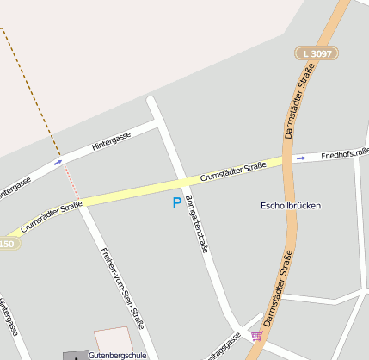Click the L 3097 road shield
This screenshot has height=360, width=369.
click(x=316, y=53)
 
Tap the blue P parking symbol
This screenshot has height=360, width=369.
click(x=177, y=203)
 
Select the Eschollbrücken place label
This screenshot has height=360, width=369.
click(x=291, y=206)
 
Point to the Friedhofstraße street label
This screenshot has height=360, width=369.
click(x=343, y=154)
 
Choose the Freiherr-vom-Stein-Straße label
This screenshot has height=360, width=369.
click(x=121, y=289)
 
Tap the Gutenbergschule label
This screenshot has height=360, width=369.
click(x=117, y=354)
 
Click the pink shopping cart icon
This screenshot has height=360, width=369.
click(x=256, y=336)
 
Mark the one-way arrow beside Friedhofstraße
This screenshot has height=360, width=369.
click(x=301, y=158)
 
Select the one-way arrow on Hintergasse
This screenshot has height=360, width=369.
click(x=58, y=161)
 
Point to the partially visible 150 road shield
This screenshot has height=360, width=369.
click(x=7, y=244)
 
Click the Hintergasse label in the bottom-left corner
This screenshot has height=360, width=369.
click(x=8, y=320)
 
